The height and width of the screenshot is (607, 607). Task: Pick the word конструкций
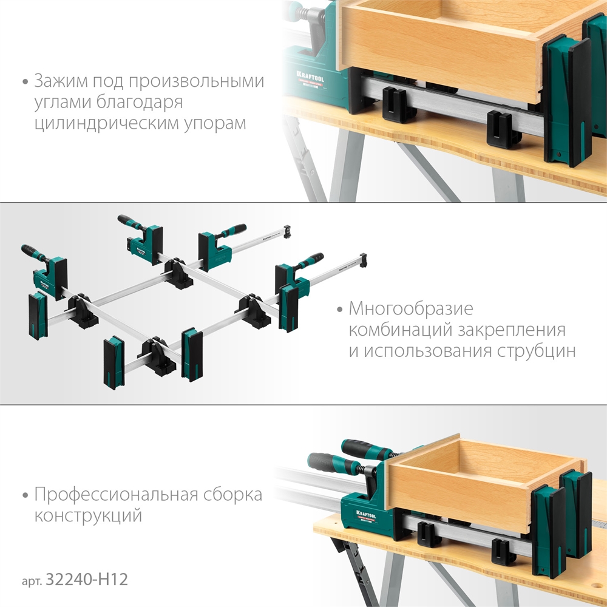point(88,515)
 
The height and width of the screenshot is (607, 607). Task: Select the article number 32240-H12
point(87,580)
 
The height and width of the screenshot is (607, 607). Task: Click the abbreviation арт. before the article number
point(32,582)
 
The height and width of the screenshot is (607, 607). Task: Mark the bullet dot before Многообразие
point(340,310)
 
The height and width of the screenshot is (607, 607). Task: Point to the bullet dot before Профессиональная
point(25,495)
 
